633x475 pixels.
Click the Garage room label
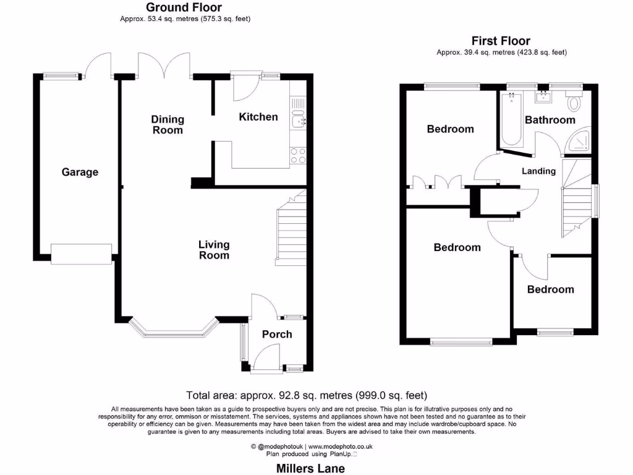(x=80, y=172)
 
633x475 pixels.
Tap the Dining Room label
(x=168, y=124)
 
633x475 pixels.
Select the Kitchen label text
(x=258, y=116)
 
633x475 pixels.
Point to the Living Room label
(x=214, y=250)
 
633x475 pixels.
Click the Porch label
(x=277, y=334)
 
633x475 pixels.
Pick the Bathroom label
(x=550, y=119)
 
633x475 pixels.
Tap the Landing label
(x=539, y=171)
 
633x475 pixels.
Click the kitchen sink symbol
(x=299, y=121)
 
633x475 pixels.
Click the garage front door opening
(x=81, y=254)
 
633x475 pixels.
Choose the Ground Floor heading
(x=184, y=7)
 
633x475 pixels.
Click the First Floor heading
(x=501, y=41)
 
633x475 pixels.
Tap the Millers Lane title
(x=311, y=469)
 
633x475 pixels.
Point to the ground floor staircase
(x=291, y=232)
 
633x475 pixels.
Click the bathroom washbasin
(x=544, y=96)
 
